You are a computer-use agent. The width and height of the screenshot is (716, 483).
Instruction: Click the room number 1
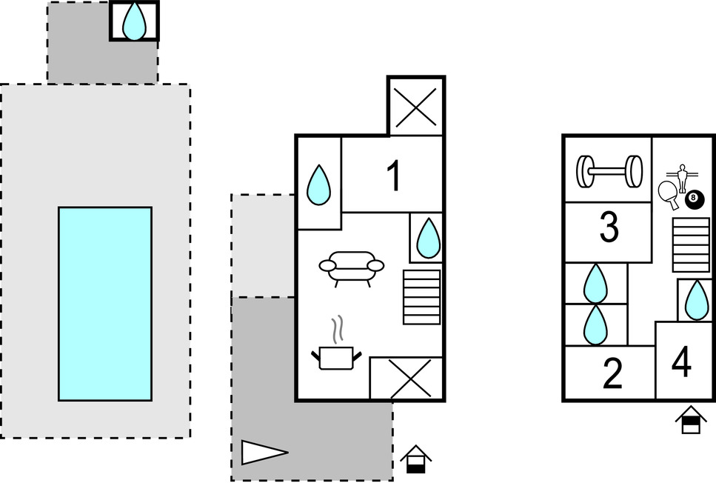pyautogui.click(x=394, y=176)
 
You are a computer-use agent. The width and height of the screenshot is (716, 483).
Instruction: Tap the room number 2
pyautogui.click(x=612, y=374)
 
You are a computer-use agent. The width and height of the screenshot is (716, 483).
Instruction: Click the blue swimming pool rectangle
pyautogui.click(x=104, y=304)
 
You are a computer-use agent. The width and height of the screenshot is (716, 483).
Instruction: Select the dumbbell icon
pyautogui.click(x=608, y=172)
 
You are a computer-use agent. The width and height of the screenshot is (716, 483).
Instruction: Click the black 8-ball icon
pyautogui.click(x=694, y=199)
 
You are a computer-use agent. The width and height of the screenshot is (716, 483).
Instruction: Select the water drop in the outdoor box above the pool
pyautogui.click(x=134, y=21)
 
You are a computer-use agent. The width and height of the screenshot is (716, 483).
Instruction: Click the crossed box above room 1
pyautogui.click(x=416, y=106)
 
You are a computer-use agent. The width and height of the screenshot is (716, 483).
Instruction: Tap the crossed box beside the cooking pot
pyautogui.click(x=406, y=379)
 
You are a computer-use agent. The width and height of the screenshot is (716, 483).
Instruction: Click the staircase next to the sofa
pyautogui.click(x=421, y=296)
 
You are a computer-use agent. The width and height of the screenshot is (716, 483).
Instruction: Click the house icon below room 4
pyautogui.click(x=690, y=420)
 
